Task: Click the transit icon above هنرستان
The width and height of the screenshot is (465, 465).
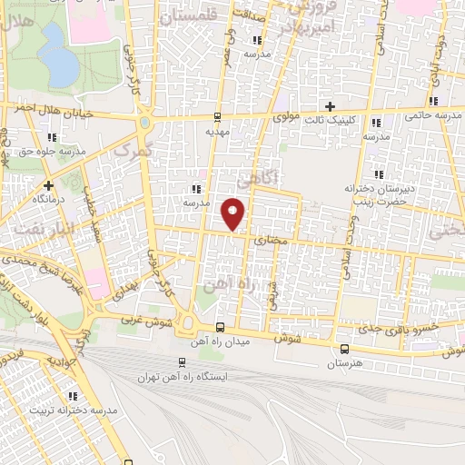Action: click(343, 349)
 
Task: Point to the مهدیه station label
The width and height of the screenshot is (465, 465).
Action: click(216, 131)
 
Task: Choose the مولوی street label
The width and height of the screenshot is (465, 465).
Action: click(287, 118)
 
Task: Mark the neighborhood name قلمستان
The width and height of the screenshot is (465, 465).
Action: click(191, 15)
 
